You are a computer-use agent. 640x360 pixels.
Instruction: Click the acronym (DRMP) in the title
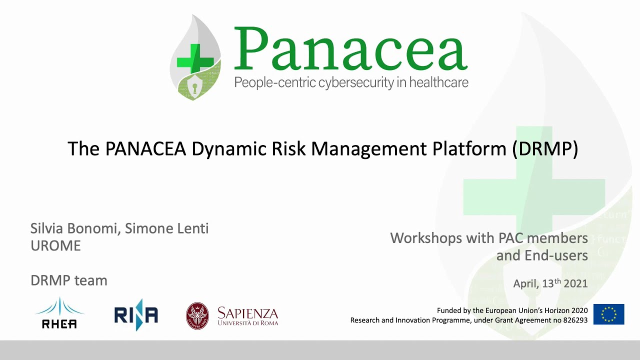545,148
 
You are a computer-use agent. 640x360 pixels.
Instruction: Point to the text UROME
55,245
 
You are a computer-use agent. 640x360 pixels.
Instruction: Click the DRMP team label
69,280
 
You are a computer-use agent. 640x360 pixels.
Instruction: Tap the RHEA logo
59,314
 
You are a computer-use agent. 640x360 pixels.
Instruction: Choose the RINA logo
136,314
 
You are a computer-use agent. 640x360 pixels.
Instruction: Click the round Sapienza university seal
197,315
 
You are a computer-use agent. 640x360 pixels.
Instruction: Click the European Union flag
608,314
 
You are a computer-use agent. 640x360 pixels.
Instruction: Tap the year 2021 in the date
575,283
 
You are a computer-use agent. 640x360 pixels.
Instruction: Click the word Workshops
426,237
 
